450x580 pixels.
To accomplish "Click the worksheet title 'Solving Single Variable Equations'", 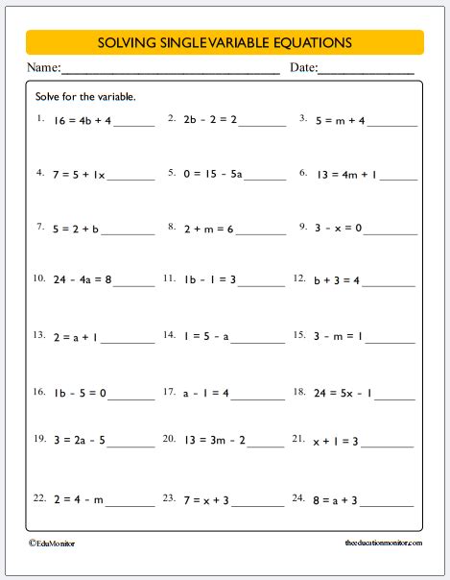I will pos(225,42).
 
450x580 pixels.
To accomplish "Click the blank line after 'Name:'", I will pos(171,73).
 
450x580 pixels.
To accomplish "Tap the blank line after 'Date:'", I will pos(366,73).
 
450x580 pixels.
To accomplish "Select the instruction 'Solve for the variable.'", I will pos(85,97).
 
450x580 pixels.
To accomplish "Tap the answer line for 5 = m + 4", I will pos(390,125).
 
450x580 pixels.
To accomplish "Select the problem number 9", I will pos(302,228).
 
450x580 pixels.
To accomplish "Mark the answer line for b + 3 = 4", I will pos(390,285).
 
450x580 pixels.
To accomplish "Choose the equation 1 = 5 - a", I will pos(209,337).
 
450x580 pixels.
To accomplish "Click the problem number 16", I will pos(39,392).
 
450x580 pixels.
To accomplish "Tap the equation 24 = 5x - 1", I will pos(344,393).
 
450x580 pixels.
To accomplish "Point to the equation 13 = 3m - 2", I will pos(213,441).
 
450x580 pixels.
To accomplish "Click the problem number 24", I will pos(300,498).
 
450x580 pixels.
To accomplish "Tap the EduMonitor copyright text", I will pos(52,544).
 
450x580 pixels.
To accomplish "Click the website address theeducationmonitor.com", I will pos(382,544).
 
